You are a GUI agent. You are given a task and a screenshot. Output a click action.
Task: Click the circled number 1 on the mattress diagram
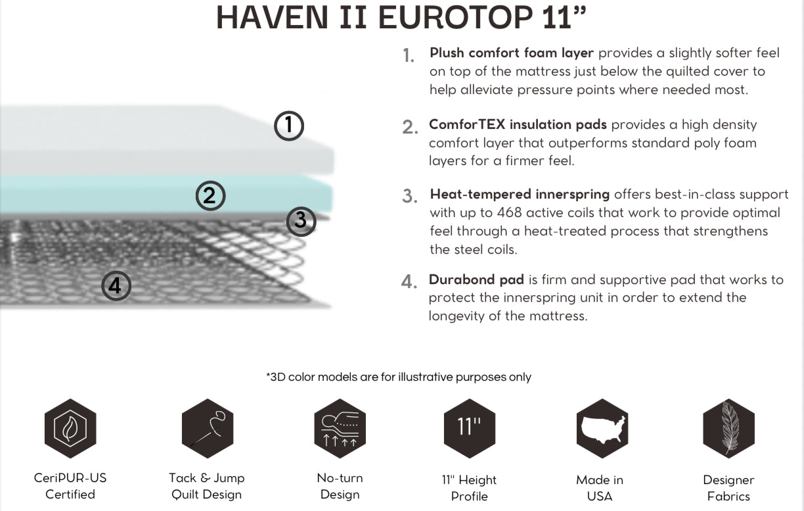pos(289,126)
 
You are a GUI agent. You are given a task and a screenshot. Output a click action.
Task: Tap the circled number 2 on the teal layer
pos(210,195)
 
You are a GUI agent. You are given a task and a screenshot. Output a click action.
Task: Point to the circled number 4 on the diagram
pos(116,286)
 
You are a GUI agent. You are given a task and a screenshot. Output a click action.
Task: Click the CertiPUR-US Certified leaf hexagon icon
pos(70,428)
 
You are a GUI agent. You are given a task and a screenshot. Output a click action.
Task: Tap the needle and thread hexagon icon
pos(208,428)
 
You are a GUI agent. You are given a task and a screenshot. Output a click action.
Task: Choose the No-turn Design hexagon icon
pos(340,428)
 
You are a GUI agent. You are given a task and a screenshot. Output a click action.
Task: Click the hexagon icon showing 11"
pos(469,428)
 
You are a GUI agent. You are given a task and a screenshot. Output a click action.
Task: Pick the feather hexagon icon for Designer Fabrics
pos(728,428)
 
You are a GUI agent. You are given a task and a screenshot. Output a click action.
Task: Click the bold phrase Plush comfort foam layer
pos(512,53)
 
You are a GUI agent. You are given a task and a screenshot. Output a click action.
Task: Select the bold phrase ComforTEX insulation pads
pos(518,124)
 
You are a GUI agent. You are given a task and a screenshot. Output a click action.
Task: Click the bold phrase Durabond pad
pos(476,280)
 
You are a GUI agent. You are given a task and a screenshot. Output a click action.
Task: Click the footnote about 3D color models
pos(399,377)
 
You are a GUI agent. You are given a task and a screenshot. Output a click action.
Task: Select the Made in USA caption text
pos(600,487)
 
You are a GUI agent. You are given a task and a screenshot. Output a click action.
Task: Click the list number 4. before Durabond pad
pos(409,281)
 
